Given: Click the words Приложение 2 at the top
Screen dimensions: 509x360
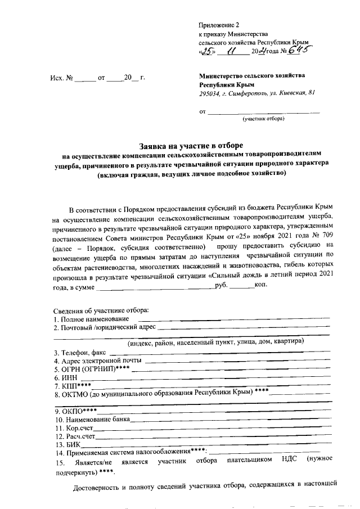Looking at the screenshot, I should [219, 25].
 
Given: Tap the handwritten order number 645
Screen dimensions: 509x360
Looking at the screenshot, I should [299, 51].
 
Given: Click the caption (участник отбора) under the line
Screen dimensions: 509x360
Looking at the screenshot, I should [263, 119].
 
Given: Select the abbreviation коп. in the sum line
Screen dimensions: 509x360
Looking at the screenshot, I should [262, 286].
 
